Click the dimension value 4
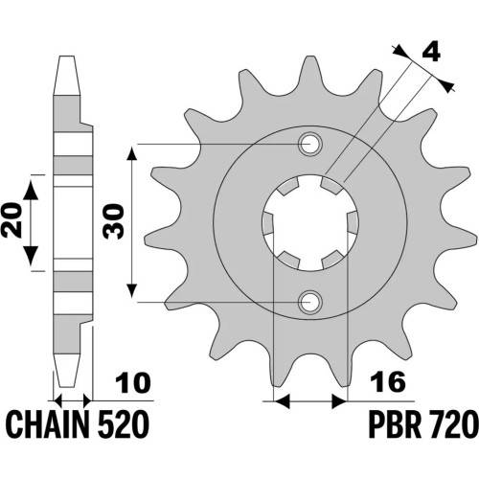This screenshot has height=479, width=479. pos(431,52)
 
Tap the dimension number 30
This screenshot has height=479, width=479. pos(113,222)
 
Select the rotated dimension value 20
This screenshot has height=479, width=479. pos(11,220)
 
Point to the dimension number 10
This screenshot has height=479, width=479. pos(132,382)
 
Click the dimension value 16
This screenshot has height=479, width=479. pos(388,382)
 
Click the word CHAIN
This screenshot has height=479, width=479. pos(47,424)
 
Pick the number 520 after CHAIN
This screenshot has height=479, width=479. pos(124,424)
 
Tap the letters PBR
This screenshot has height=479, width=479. pos(395,424)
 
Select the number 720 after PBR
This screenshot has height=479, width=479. pos(453,424)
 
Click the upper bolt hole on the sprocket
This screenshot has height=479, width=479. pos(310,144)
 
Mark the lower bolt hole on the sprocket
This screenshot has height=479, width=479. pos(310,302)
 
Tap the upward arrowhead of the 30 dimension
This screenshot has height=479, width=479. pos(132,155)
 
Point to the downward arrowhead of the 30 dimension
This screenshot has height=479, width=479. pos(132,290)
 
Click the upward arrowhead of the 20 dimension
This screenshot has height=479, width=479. pos(31,191)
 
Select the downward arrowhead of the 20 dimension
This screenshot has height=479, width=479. pos(31,256)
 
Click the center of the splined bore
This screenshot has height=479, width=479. pos(310,223)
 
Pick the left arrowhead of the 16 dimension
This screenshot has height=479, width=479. pos(282,401)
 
